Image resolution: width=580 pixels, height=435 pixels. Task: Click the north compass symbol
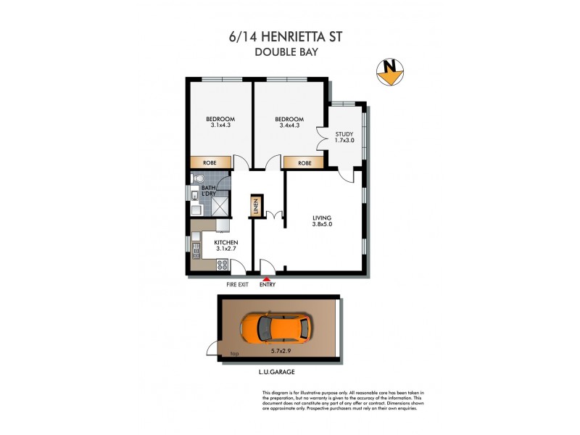tap(390, 70)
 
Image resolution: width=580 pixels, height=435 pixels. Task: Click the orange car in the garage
tap(275, 328)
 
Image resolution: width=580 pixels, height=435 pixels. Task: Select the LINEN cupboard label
tap(256, 207)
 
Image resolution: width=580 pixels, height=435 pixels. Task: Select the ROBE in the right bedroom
tap(304, 163)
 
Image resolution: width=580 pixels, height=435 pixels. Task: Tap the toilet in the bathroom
tap(196, 178)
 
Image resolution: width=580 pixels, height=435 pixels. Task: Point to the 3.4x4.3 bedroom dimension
tap(290, 125)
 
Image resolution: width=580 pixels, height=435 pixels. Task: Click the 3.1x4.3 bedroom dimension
tap(219, 125)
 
